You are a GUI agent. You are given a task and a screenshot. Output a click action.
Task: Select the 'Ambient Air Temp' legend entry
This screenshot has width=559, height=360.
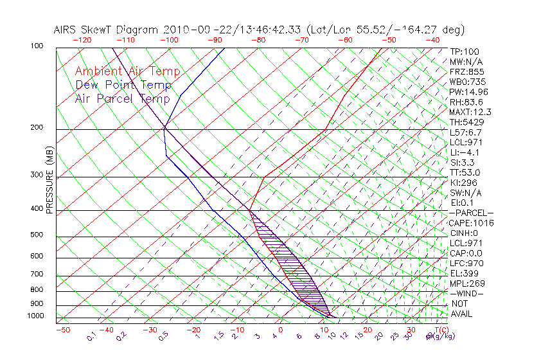127,71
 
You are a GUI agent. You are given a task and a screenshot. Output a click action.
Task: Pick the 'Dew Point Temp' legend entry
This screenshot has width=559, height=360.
123,85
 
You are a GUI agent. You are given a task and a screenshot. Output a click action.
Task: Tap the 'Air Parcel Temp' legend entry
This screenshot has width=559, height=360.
122,98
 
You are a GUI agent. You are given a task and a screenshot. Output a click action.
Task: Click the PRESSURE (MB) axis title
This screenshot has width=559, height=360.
50,180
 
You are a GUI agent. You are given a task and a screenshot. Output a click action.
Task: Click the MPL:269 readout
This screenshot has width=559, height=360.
467,283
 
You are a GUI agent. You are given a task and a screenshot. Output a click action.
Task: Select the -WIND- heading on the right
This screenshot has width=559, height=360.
467,293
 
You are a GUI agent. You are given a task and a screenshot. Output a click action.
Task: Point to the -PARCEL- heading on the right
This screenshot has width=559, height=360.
472,213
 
